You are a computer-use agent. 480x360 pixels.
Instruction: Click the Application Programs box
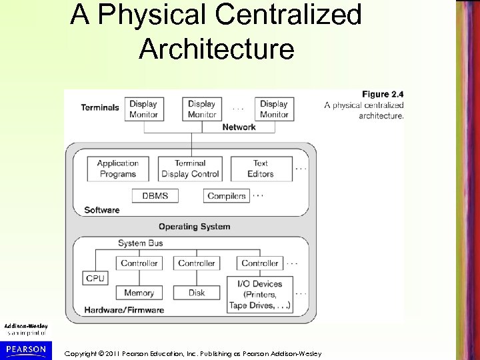pos(118,169)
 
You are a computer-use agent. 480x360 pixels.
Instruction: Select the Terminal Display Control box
pos(190,169)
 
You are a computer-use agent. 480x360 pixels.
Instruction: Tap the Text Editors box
pos(261,169)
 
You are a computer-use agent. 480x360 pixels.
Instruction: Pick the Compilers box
pos(227,195)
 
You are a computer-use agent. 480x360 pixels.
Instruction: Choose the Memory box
pos(139,293)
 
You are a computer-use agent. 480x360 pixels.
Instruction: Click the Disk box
pos(197,293)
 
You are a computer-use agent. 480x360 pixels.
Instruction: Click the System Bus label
pos(141,243)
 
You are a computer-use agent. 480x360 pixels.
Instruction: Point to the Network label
pos(239,127)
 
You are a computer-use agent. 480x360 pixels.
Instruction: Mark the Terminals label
pos(100,107)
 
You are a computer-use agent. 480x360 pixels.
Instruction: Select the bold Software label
pos(102,210)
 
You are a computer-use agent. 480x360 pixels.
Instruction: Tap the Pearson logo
pos(27,349)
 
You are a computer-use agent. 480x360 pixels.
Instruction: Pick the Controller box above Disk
pos(197,263)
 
